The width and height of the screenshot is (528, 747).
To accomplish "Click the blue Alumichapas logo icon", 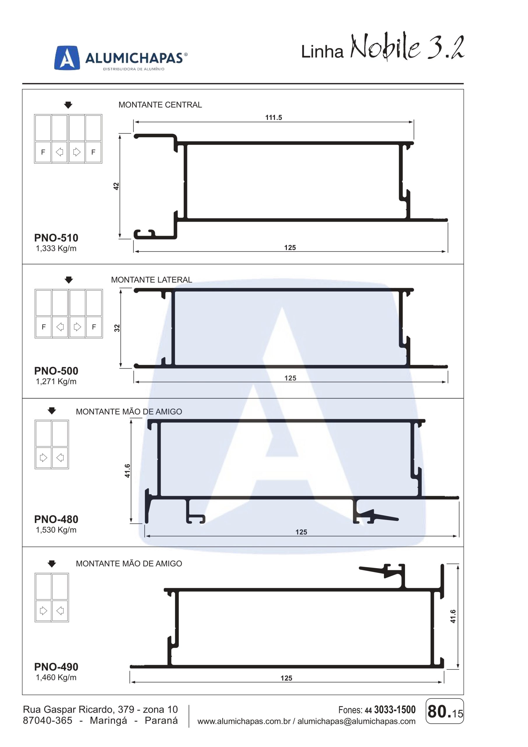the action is point(67,57).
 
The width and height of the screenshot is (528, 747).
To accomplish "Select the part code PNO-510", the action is point(56,238).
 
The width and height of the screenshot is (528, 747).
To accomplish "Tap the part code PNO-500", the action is point(56,371).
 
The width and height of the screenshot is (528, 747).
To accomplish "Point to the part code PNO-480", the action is point(56,519).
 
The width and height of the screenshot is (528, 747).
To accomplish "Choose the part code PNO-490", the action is point(56,667).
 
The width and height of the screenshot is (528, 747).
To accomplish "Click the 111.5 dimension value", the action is point(273,118).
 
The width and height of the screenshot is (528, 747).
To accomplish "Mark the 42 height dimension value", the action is point(116,186).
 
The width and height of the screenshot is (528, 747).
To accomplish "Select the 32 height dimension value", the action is point(117,328).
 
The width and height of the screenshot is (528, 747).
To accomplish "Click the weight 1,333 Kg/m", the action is point(56,249).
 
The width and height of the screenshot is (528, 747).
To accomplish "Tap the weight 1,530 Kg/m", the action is point(56,530).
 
